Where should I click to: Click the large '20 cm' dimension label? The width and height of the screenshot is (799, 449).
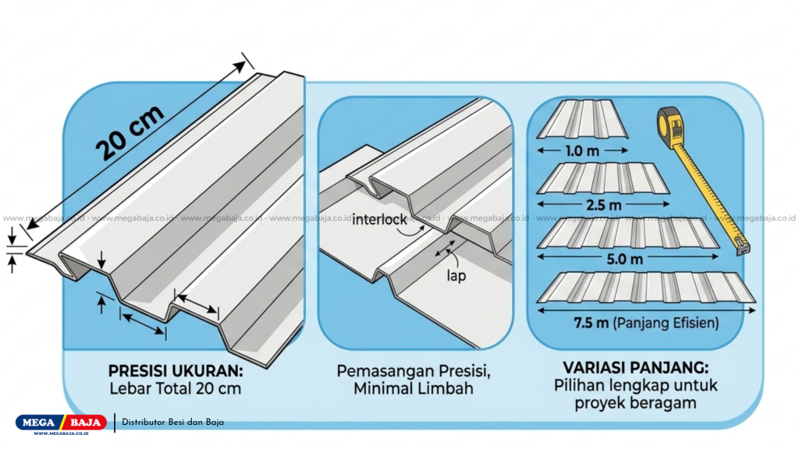tap(130, 133)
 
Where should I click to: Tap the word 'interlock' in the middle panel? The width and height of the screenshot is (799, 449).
tap(380, 220)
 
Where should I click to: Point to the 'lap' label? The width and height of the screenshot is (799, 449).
tap(456, 277)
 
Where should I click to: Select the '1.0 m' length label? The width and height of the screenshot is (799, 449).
tap(582, 151)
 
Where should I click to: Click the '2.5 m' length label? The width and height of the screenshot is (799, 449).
tap(603, 205)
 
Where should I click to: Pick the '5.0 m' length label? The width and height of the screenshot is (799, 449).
tap(625, 259)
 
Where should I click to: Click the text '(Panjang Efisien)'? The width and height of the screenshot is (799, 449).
tap(666, 323)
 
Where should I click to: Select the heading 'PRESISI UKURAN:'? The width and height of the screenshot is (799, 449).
tap(176, 371)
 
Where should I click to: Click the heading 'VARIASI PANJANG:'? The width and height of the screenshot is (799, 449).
tap(635, 368)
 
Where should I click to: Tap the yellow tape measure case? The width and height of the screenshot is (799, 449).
tap(669, 126)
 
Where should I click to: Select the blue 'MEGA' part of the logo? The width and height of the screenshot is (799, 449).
tap(39, 422)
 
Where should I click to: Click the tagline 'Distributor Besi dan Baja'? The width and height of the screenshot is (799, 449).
tap(172, 422)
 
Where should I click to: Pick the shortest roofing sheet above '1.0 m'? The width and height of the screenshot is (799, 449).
tap(582, 119)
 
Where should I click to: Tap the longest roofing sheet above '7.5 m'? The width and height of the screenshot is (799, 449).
tap(646, 288)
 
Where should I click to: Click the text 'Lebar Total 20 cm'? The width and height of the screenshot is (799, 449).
tap(176, 389)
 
